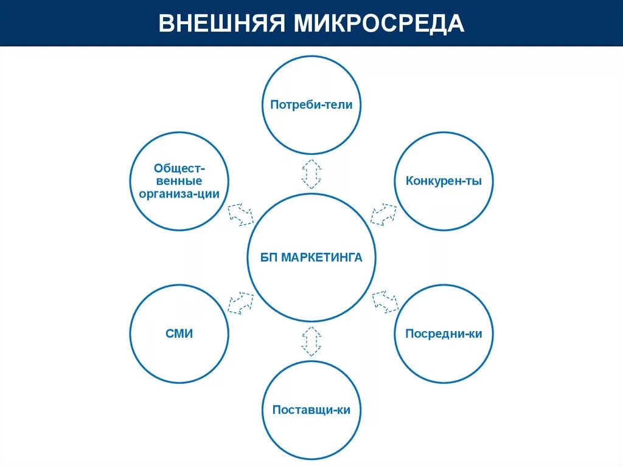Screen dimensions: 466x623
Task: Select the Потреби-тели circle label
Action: pos(311,105)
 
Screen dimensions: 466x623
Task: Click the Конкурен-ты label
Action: pos(444,181)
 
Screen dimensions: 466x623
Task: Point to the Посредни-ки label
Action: pos(444,334)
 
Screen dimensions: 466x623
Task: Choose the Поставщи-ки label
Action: pos(311,409)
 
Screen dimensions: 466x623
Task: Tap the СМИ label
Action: pos(179,334)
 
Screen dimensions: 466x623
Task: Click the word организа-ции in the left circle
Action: pos(179,194)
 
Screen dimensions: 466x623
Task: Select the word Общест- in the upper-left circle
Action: pos(179,168)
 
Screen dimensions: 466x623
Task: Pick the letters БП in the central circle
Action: pos(268,258)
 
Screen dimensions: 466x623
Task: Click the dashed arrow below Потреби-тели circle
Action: pos(311,174)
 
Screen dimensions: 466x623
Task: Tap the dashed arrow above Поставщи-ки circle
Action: pos(311,341)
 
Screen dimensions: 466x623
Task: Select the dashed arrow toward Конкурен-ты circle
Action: pos(383,214)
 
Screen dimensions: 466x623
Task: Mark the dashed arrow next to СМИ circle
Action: pos(240,303)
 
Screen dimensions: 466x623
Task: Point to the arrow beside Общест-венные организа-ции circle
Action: pos(240,214)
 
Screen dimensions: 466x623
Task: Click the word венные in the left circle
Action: pos(179,181)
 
